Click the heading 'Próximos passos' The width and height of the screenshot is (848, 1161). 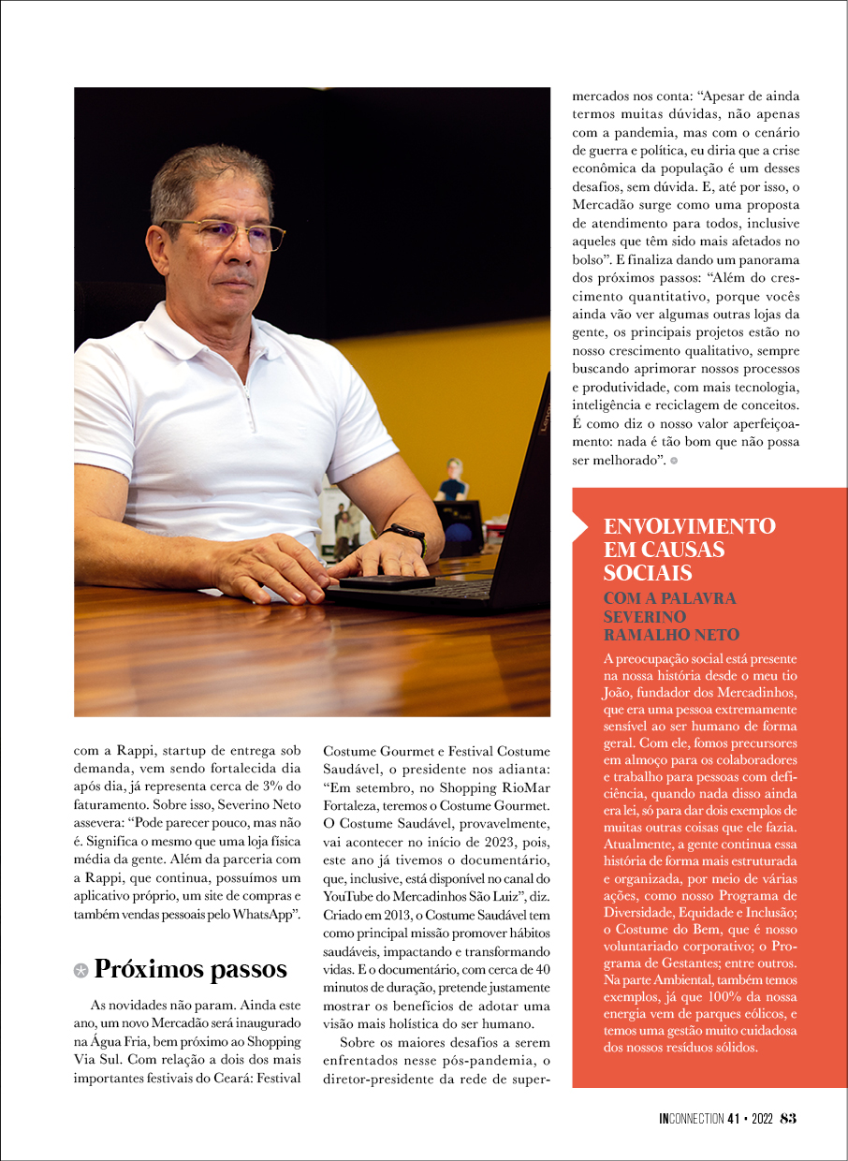tap(190, 968)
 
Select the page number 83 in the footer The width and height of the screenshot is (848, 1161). tap(787, 1118)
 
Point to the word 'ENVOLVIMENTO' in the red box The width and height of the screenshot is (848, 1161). tap(690, 526)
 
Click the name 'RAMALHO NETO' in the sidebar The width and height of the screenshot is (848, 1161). tap(671, 635)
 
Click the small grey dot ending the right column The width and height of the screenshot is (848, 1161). tap(674, 461)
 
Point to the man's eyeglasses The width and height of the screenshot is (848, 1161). tap(225, 233)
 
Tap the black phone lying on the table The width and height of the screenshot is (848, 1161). tap(386, 581)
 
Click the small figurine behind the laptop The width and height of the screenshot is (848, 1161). tap(455, 478)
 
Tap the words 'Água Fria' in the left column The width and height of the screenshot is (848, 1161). tap(113, 1042)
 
